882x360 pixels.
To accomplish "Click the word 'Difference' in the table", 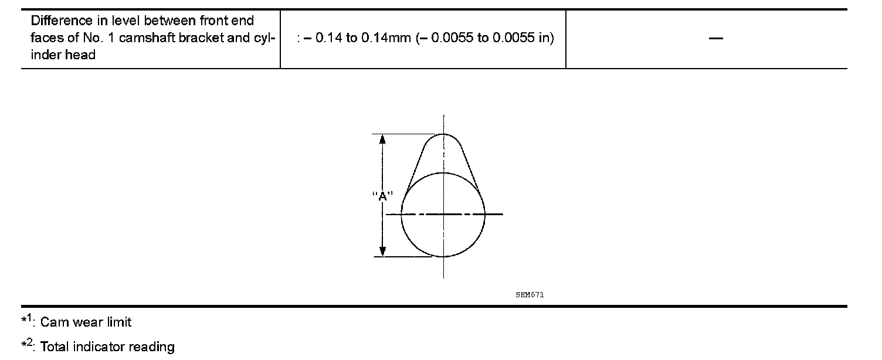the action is click(x=62, y=21).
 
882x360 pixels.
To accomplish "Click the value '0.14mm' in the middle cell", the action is click(x=386, y=38).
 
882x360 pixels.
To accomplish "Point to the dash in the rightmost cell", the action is click(x=715, y=38).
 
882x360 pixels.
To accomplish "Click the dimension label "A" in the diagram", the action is click(x=382, y=196).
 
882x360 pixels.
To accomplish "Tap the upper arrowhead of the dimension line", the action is click(x=382, y=139).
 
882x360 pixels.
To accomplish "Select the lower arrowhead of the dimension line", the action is click(x=382, y=252).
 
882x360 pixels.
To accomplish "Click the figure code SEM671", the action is click(x=530, y=294).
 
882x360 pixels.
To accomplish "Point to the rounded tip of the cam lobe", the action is click(x=444, y=134).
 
